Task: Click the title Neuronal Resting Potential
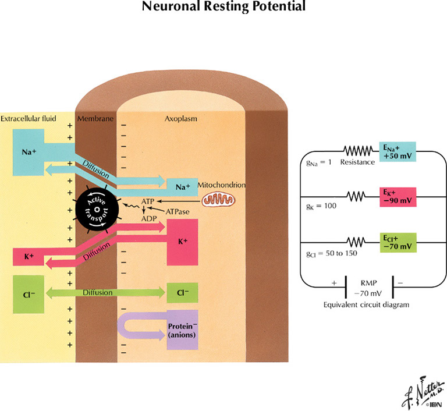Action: point(223,7)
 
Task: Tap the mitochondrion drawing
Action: point(220,199)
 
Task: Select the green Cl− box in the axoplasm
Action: point(182,292)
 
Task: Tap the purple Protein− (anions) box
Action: point(182,330)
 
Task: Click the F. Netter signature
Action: point(420,394)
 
